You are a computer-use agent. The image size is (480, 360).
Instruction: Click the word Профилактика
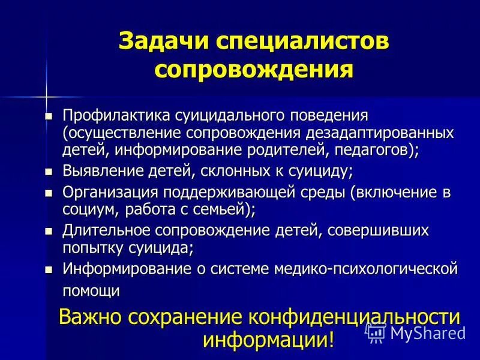click(x=116, y=115)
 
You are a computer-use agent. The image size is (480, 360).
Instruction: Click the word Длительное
click(x=109, y=230)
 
